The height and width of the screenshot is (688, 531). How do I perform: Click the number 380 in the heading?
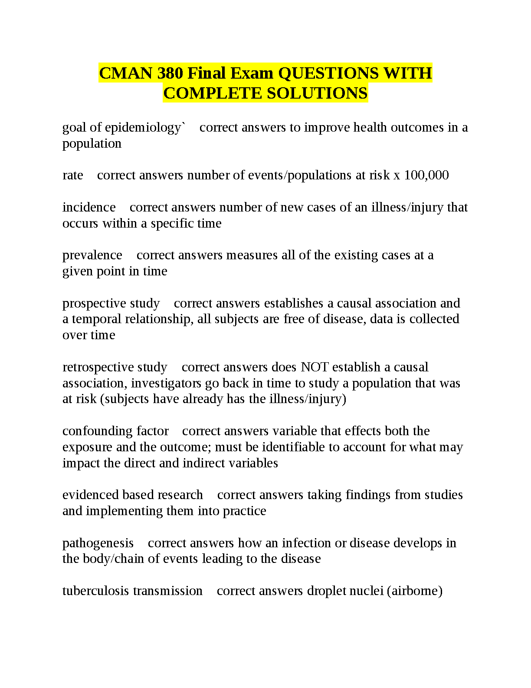coord(170,73)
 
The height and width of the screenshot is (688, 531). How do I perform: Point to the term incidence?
coord(89,207)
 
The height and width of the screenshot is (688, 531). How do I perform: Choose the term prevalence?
coord(92,255)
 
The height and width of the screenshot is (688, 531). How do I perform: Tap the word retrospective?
coord(96,367)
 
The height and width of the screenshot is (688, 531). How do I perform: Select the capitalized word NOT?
coord(315,367)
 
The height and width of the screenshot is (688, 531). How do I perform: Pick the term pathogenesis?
coord(98,543)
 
